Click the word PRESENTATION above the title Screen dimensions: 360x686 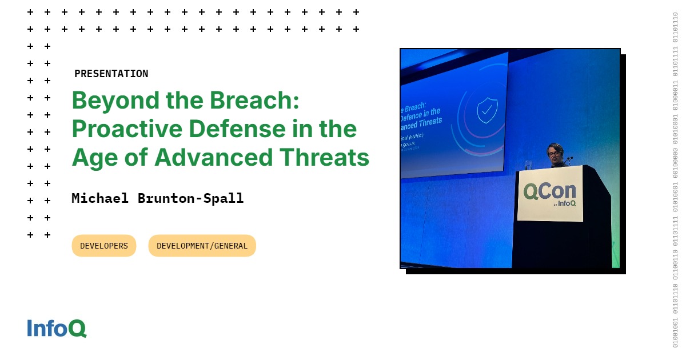click(x=111, y=74)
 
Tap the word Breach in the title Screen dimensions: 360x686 click(x=254, y=101)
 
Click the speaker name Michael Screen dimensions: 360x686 click(x=100, y=198)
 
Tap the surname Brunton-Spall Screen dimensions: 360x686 click(x=190, y=198)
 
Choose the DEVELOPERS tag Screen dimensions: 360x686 click(x=104, y=246)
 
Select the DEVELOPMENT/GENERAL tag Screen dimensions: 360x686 click(x=202, y=246)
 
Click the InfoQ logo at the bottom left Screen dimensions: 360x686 click(x=57, y=329)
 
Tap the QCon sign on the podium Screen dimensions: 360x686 click(x=549, y=193)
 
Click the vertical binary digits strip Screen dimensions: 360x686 click(x=675, y=180)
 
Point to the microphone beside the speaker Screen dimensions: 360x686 click(x=569, y=158)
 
